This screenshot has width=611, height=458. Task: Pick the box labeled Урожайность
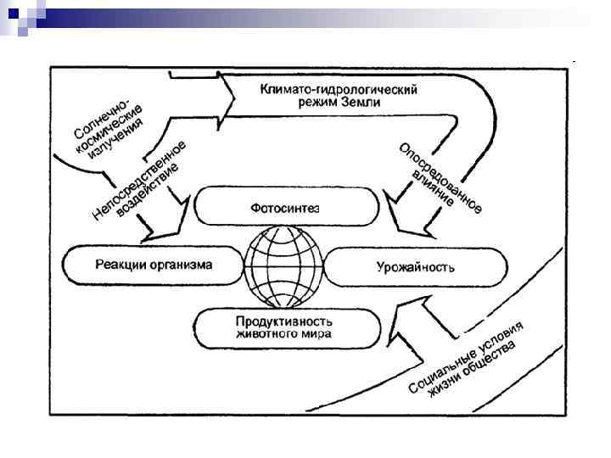tap(416, 267)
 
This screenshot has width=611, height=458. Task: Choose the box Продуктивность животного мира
tap(284, 327)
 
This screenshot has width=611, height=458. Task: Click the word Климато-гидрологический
tap(339, 89)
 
